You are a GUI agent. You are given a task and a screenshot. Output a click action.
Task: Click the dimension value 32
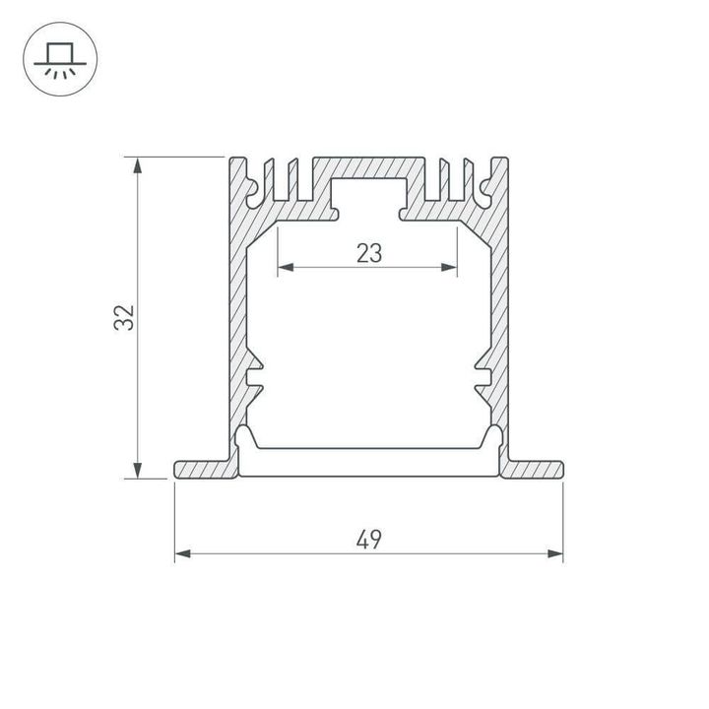click(x=124, y=317)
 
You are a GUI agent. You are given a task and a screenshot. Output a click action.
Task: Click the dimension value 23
click(x=368, y=253)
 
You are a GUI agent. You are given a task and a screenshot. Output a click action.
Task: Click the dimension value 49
click(x=369, y=539)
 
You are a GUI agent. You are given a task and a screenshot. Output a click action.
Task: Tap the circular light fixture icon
click(x=59, y=59)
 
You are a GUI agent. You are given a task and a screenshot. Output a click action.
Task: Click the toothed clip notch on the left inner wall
click(x=255, y=375)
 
